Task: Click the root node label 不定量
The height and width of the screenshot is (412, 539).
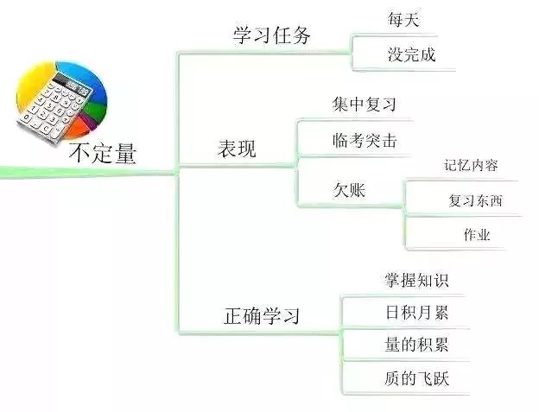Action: pyautogui.click(x=103, y=154)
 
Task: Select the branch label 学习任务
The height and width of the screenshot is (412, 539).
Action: pyautogui.click(x=272, y=36)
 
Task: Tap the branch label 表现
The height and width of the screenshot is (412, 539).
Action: pyautogui.click(x=236, y=149)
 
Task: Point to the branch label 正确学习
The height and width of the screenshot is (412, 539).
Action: pyautogui.click(x=262, y=315)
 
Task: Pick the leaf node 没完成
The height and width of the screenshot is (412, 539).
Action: pyautogui.click(x=411, y=55)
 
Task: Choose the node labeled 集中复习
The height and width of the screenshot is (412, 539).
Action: pyautogui.click(x=364, y=105)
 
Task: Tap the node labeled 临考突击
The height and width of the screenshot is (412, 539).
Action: pyautogui.click(x=365, y=140)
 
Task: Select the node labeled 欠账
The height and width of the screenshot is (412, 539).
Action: pyautogui.click(x=349, y=190)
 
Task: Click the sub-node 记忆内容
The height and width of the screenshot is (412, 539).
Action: pyautogui.click(x=471, y=165)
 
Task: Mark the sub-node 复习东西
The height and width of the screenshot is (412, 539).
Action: pyautogui.click(x=474, y=201)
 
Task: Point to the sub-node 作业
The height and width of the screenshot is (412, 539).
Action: pyautogui.click(x=476, y=235)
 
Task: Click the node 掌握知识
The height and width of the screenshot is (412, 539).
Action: pyautogui.click(x=416, y=281)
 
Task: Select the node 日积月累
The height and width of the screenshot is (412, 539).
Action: pyautogui.click(x=416, y=312)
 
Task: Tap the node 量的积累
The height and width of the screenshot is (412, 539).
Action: pyautogui.click(x=416, y=345)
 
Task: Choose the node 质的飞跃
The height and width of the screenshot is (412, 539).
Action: pyautogui.click(x=416, y=378)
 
